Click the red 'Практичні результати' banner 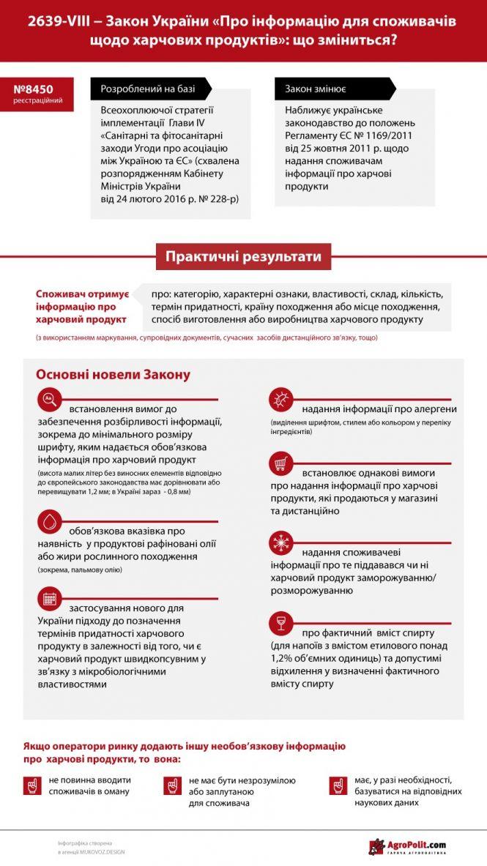click(243, 258)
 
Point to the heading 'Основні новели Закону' click(113, 375)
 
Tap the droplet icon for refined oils click(49, 520)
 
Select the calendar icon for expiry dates click(49, 598)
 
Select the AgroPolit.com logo click(417, 847)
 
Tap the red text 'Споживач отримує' click(82, 294)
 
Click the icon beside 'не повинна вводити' click(32, 785)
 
